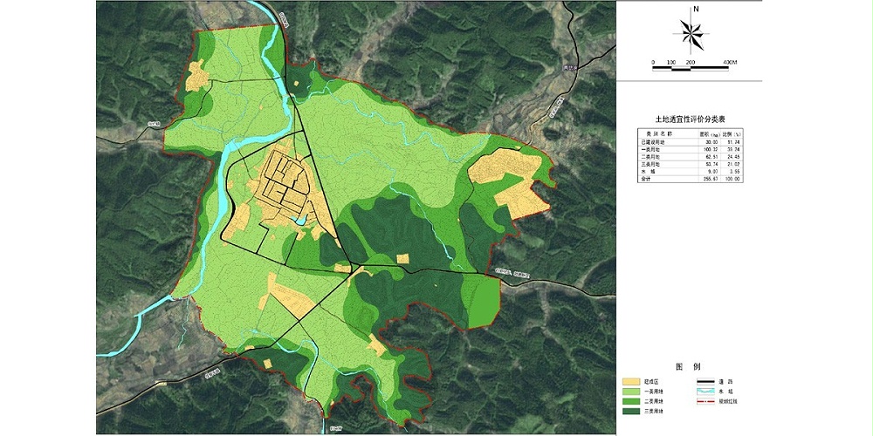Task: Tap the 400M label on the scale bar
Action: [x=730, y=63]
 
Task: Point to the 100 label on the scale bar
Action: [x=670, y=63]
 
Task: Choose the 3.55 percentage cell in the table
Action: [x=733, y=171]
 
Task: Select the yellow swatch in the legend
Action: [x=632, y=382]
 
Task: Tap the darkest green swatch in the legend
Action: [x=632, y=411]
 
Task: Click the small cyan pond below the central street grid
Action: [x=299, y=221]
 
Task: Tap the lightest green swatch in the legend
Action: [x=632, y=392]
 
